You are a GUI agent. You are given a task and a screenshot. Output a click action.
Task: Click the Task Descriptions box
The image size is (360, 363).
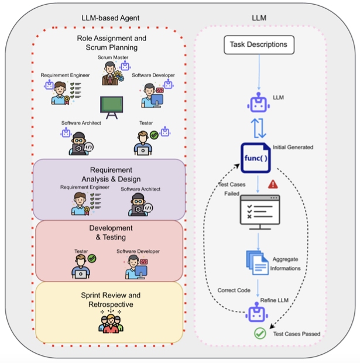(258, 45)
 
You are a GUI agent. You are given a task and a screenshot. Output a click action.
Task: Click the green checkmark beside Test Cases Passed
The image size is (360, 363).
(259, 333)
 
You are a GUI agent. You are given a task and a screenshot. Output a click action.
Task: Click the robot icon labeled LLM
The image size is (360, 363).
(258, 104)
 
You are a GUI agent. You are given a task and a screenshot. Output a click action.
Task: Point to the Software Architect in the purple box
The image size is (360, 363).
(140, 204)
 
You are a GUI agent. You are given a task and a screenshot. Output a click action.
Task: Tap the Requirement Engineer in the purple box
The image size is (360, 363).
(81, 203)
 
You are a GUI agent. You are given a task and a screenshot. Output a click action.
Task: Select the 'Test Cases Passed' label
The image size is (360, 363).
(297, 334)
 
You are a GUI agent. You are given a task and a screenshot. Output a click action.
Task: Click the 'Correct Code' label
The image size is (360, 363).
(234, 290)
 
